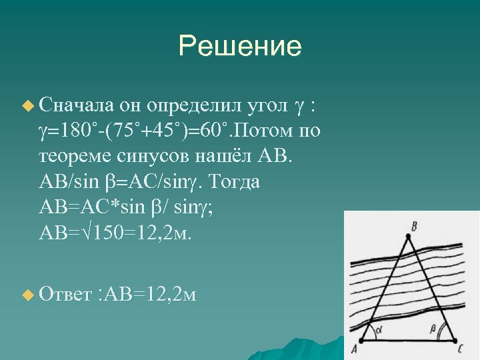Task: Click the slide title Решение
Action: [239, 46]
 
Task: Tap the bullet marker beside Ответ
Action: [27, 294]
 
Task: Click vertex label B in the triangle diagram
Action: [415, 227]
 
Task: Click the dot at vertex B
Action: [408, 236]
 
